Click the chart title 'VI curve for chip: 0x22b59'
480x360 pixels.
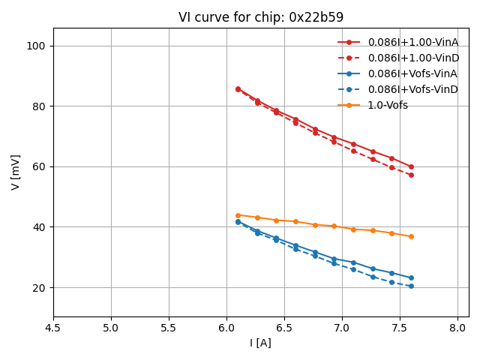(261, 17)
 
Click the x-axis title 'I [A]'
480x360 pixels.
(261, 343)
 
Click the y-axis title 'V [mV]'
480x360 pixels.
(16, 172)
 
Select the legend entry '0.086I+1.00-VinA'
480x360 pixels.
(412, 42)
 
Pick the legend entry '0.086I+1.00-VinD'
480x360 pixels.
(412, 58)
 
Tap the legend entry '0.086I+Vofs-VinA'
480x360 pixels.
(412, 73)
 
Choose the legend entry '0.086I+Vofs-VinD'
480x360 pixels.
(412, 89)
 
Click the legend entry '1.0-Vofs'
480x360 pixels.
(388, 105)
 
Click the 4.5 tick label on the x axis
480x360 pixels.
(53, 328)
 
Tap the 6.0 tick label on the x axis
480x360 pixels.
(226, 328)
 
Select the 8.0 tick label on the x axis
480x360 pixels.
(457, 328)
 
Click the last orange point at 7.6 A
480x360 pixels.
(411, 236)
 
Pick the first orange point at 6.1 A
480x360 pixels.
(238, 215)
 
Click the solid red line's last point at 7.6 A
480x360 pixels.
(411, 166)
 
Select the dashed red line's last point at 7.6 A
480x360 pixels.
(411, 175)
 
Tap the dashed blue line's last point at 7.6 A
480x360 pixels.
(411, 286)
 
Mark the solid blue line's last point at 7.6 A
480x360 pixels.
(411, 277)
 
